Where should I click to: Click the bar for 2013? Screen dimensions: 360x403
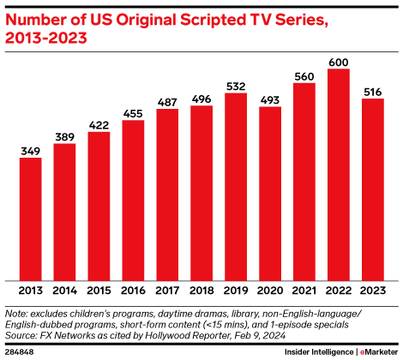30,219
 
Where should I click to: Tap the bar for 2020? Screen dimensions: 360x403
270,193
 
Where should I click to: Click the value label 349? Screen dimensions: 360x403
30,150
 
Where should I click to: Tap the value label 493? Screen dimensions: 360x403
270,99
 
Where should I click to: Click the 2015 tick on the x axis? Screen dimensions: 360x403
99,291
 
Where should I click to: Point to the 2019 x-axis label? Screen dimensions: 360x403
236,291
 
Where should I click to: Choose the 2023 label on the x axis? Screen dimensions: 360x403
373,291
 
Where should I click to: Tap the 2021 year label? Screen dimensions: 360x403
304,291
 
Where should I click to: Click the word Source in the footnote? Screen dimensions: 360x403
21,335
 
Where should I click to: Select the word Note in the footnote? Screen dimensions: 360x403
17,313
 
